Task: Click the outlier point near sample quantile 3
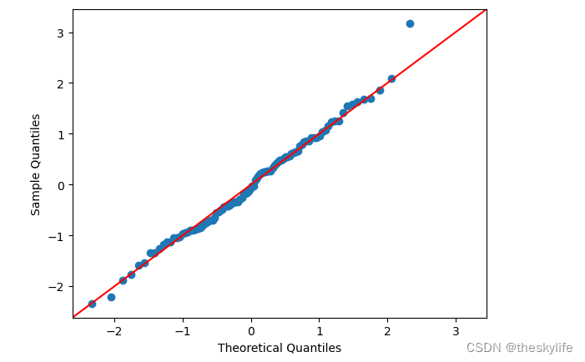coord(410,23)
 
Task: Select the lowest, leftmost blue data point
coord(92,304)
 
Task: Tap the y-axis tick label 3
coord(61,33)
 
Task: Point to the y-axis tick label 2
coord(61,83)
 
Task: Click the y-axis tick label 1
coord(61,134)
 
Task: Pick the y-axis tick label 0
coord(61,185)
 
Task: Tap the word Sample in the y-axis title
coord(36,197)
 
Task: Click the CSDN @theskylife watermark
coord(519,348)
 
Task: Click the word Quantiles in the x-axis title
coord(315,348)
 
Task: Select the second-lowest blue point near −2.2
coord(111,297)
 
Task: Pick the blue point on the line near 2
coord(391,78)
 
